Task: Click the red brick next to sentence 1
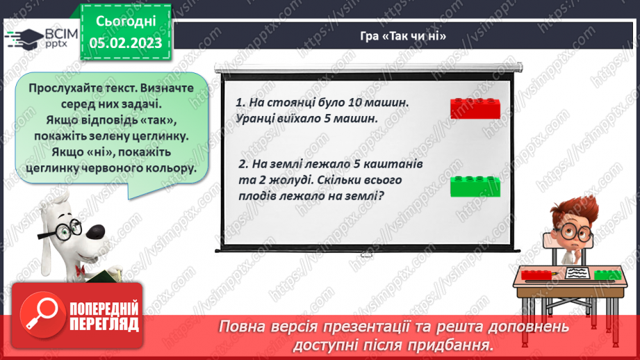tap(475, 108)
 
